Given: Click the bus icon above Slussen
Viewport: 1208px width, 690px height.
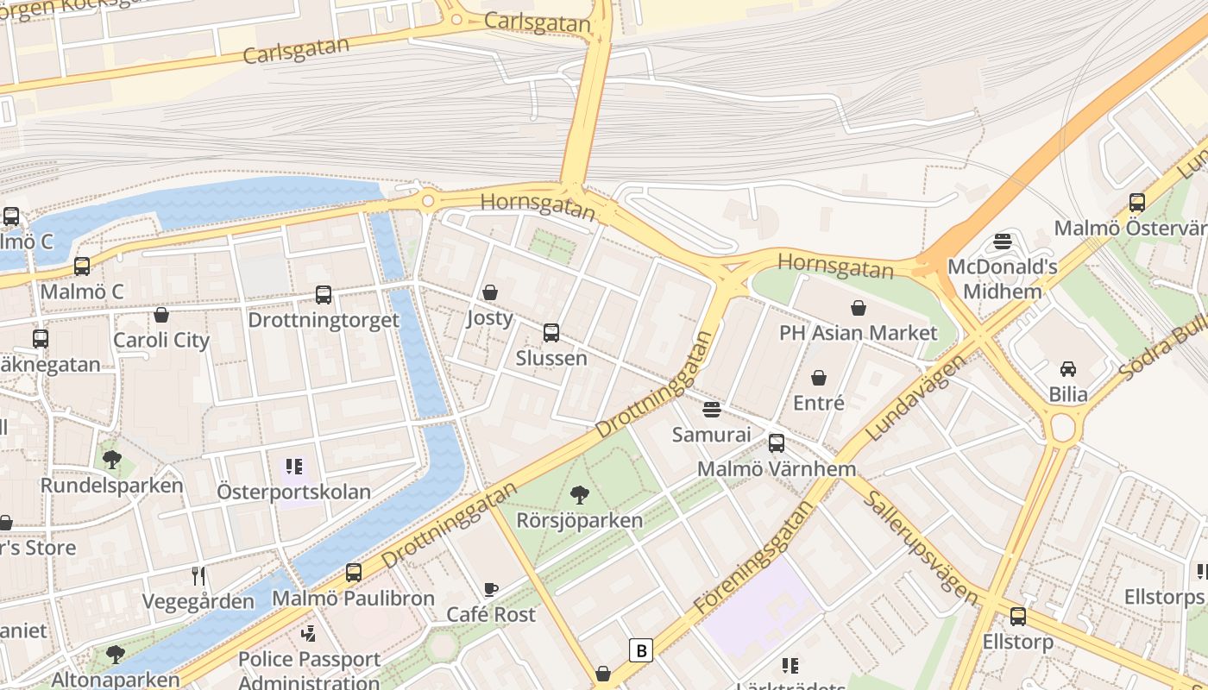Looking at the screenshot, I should click(x=551, y=333).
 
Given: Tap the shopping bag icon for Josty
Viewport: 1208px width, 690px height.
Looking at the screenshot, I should click(x=490, y=292).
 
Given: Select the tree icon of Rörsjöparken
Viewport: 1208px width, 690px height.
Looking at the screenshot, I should click(x=580, y=495).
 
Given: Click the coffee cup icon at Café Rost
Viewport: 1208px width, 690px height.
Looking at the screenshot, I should click(x=490, y=589).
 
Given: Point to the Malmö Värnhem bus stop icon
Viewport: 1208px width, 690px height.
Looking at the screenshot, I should click(x=777, y=443).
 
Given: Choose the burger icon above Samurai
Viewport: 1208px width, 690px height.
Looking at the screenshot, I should click(x=712, y=409).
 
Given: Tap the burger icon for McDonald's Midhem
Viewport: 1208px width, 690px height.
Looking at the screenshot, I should click(x=1002, y=241).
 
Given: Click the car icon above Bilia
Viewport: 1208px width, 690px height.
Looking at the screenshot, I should click(x=1068, y=369).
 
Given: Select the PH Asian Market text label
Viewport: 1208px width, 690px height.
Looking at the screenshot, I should click(x=858, y=333).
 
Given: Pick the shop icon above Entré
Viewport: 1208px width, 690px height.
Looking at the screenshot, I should click(x=818, y=378).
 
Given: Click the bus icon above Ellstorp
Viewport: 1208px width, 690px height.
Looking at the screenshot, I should click(x=1018, y=617).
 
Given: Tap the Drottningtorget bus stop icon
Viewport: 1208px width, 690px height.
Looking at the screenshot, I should click(x=324, y=295).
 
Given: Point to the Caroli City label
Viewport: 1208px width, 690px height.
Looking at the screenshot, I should click(x=161, y=340).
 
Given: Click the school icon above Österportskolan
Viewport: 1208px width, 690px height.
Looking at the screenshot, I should click(x=294, y=467).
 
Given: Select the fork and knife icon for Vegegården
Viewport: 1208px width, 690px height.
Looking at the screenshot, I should click(x=198, y=576).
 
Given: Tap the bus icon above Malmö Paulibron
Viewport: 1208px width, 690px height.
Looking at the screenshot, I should click(x=353, y=573).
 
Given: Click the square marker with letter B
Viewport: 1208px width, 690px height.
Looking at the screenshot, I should click(x=641, y=649).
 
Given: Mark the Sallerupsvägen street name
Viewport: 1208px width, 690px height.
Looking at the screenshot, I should click(x=922, y=548).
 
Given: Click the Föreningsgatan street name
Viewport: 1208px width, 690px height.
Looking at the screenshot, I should click(x=753, y=558).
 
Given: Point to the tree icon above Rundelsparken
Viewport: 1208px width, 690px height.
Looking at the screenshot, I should click(x=111, y=460).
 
